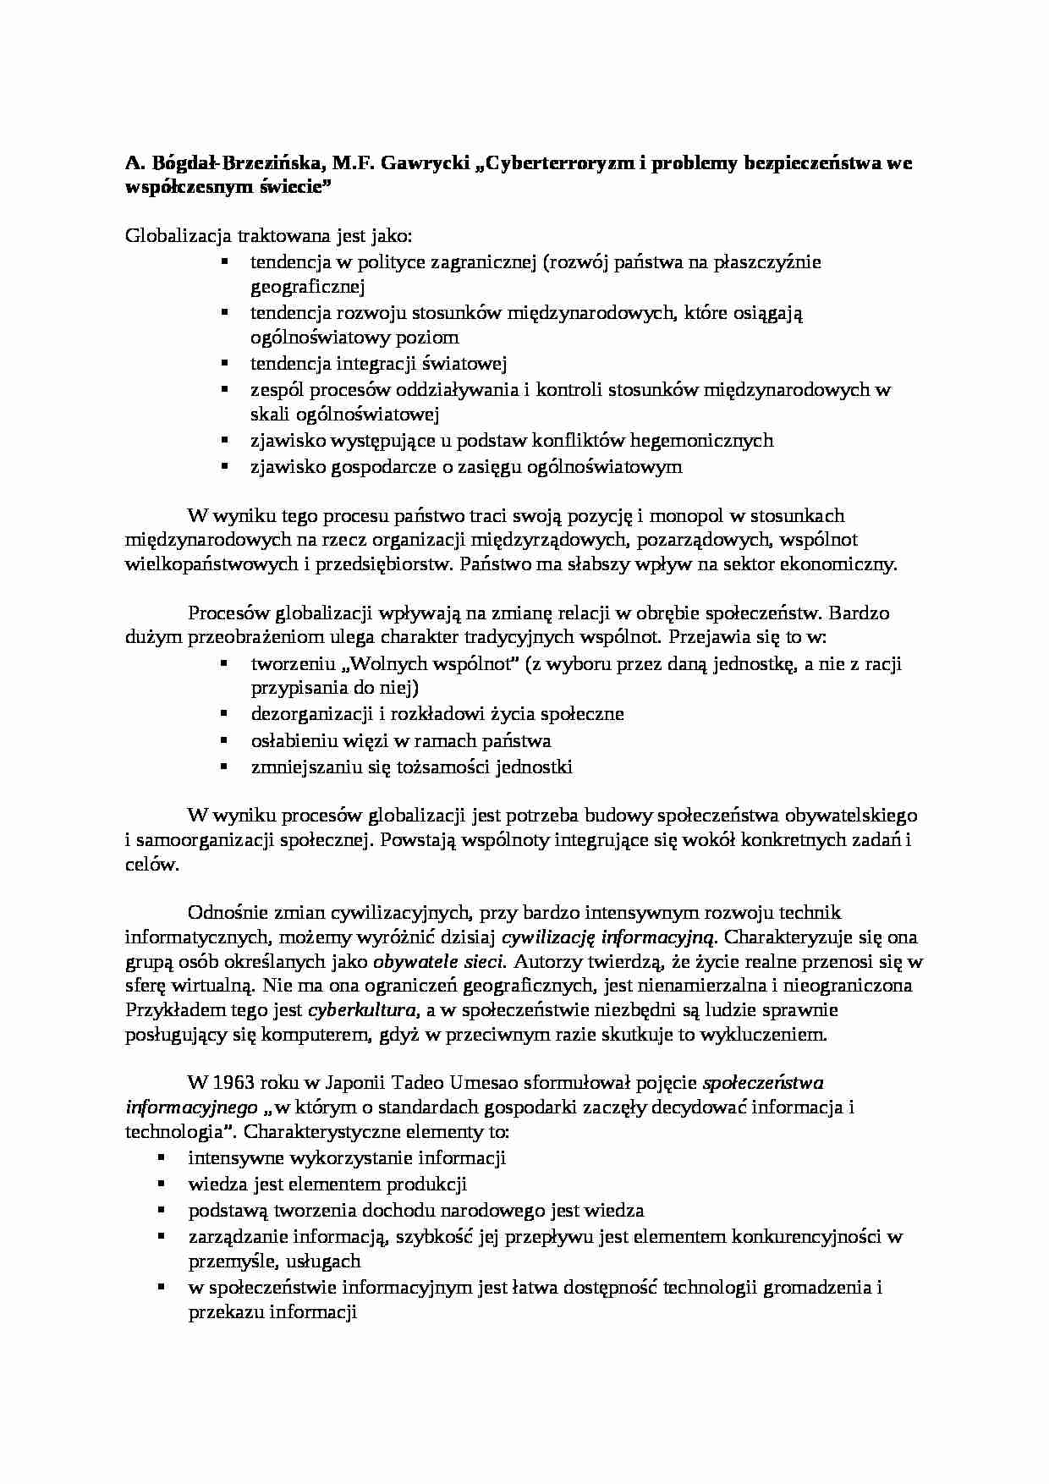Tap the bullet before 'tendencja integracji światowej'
[x=224, y=363]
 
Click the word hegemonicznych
[x=695, y=440]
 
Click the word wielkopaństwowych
[x=210, y=564]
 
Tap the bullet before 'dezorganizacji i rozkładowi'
[x=224, y=713]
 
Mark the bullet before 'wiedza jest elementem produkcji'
[x=162, y=1184]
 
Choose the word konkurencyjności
[x=805, y=1236]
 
